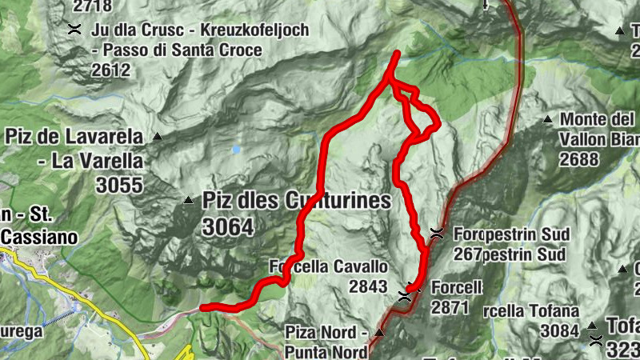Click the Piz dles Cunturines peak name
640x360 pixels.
tap(296, 200)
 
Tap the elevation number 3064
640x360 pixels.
tap(227, 228)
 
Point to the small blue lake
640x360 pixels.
tap(236, 149)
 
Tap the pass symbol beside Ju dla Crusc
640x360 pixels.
tap(74, 30)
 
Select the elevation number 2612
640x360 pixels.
tap(110, 70)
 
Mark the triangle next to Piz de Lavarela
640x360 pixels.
tap(158, 137)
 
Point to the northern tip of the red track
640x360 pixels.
tap(398, 53)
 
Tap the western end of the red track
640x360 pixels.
tap(202, 307)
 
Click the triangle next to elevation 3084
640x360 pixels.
tap(592, 326)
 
